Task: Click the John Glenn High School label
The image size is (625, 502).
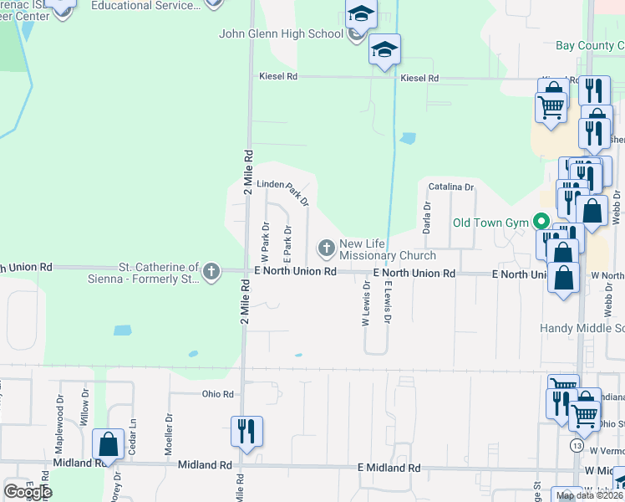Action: pos(281,34)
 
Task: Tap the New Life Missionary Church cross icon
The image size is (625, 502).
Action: pos(326,248)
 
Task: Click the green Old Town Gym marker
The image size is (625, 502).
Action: pos(541,223)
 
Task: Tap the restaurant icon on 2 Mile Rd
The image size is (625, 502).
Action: pos(246,432)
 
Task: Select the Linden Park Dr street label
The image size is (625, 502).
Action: pos(282,190)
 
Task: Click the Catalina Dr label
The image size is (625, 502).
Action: pos(451,187)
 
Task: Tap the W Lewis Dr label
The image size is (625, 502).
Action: pos(365,307)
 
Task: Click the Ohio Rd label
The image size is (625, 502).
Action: pos(216,393)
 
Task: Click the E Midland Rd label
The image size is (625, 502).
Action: pos(389,467)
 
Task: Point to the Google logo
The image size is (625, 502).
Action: pos(28,491)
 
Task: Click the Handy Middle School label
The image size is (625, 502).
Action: pos(582,328)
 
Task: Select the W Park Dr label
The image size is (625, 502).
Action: pos(265,238)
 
